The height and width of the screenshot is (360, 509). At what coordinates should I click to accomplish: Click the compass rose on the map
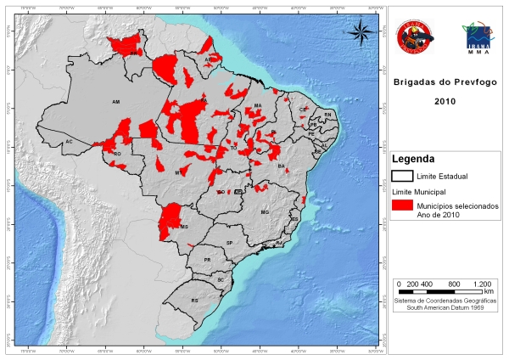[x=361, y=31]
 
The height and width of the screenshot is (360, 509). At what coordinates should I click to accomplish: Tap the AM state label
[x=115, y=101]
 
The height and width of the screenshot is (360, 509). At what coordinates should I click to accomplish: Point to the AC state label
[x=70, y=141]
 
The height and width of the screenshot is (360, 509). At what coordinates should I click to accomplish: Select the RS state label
[x=194, y=301]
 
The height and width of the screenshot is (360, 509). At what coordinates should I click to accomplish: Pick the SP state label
[x=229, y=244]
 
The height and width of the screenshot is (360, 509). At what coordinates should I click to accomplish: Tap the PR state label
[x=207, y=260]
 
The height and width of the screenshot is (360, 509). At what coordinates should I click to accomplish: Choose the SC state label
[x=220, y=279]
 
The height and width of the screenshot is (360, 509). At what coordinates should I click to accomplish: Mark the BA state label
[x=281, y=166]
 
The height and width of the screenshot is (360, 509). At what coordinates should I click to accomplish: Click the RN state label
[x=327, y=115]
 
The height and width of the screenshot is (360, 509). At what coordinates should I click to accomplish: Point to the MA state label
[x=257, y=105]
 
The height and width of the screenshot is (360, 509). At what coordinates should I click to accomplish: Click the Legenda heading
[x=413, y=159]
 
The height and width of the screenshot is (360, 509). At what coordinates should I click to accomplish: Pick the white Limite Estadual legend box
[x=401, y=177]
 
